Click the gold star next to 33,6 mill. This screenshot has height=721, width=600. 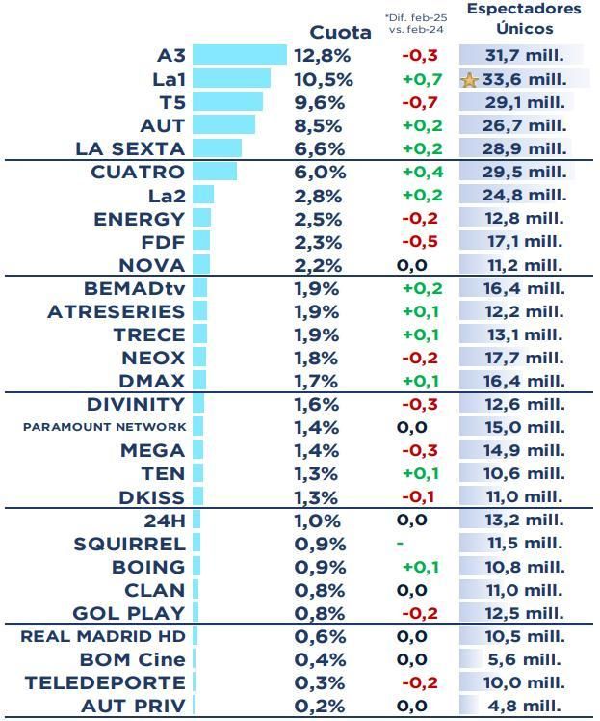coord(469,80)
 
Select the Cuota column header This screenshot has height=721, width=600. coord(341,32)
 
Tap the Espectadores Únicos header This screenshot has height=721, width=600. coord(524,18)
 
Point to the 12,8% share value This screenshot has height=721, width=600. coord(317,56)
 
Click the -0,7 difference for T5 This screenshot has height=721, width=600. coord(419,102)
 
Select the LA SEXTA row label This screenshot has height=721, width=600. coord(130,148)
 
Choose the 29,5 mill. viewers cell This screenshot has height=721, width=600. coord(524,172)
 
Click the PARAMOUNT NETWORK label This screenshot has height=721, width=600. coord(104,426)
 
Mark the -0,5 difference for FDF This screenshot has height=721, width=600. coord(419,242)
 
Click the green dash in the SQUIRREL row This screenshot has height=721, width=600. coord(400,544)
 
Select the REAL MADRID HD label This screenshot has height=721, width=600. coord(102,636)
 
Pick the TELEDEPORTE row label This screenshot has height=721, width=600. coord(104,683)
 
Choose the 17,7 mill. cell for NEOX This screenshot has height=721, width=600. coord(524,358)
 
